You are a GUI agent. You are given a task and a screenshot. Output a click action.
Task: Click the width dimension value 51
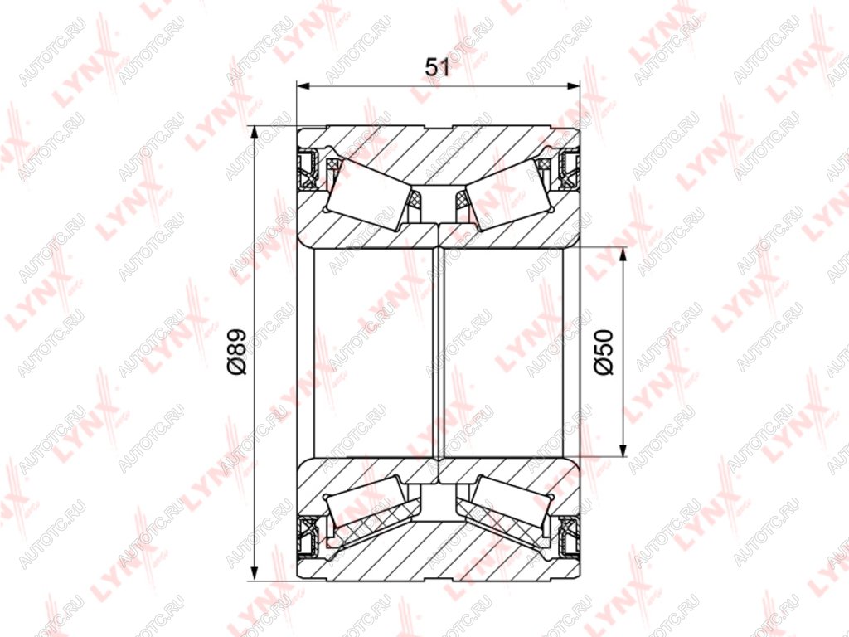click(438, 68)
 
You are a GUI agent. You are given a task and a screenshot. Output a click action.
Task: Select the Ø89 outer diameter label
click(237, 352)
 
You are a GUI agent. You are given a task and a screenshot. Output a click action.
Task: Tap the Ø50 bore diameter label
click(604, 352)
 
